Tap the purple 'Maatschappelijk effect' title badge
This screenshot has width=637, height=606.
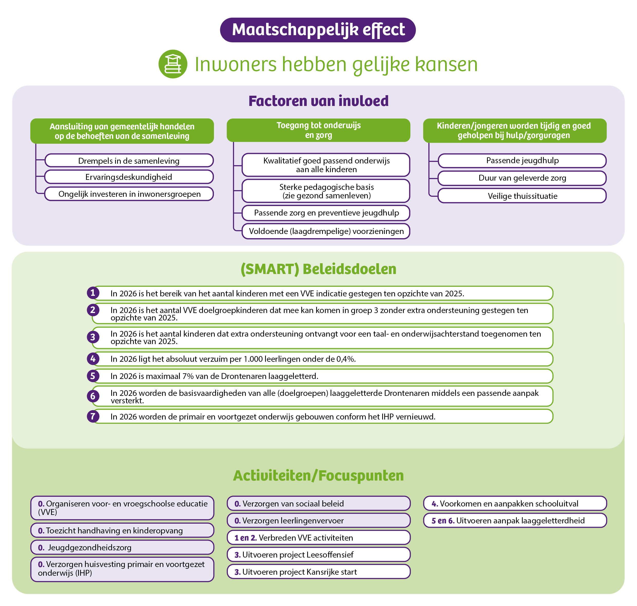pyautogui.click(x=318, y=30)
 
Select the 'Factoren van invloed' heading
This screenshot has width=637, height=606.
pyautogui.click(x=318, y=101)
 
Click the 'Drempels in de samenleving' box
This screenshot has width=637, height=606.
pyautogui.click(x=129, y=161)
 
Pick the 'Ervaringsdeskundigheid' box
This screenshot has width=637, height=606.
pyautogui.click(x=129, y=177)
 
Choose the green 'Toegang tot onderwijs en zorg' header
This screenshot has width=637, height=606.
pyautogui.click(x=318, y=130)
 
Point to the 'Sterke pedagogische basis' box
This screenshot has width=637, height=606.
pyautogui.click(x=326, y=191)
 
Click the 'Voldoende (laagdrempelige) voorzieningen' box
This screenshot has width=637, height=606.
pyautogui.click(x=326, y=231)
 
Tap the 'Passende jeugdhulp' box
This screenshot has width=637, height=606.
pyautogui.click(x=522, y=161)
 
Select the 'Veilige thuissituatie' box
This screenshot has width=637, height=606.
pyautogui.click(x=522, y=196)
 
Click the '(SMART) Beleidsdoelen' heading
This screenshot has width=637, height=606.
pyautogui.click(x=318, y=269)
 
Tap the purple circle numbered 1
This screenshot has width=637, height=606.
pyautogui.click(x=93, y=293)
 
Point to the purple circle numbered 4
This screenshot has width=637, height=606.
pyautogui.click(x=93, y=359)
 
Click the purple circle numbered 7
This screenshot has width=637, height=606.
pyautogui.click(x=93, y=416)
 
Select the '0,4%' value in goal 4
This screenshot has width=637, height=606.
pyautogui.click(x=346, y=359)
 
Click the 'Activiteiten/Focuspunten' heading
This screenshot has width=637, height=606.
pyautogui.click(x=318, y=475)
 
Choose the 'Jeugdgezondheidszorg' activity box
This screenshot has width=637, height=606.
pyautogui.click(x=122, y=548)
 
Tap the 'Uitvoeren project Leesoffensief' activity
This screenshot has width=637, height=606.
pyautogui.click(x=318, y=555)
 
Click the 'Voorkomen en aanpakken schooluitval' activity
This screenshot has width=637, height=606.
pyautogui.click(x=515, y=504)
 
